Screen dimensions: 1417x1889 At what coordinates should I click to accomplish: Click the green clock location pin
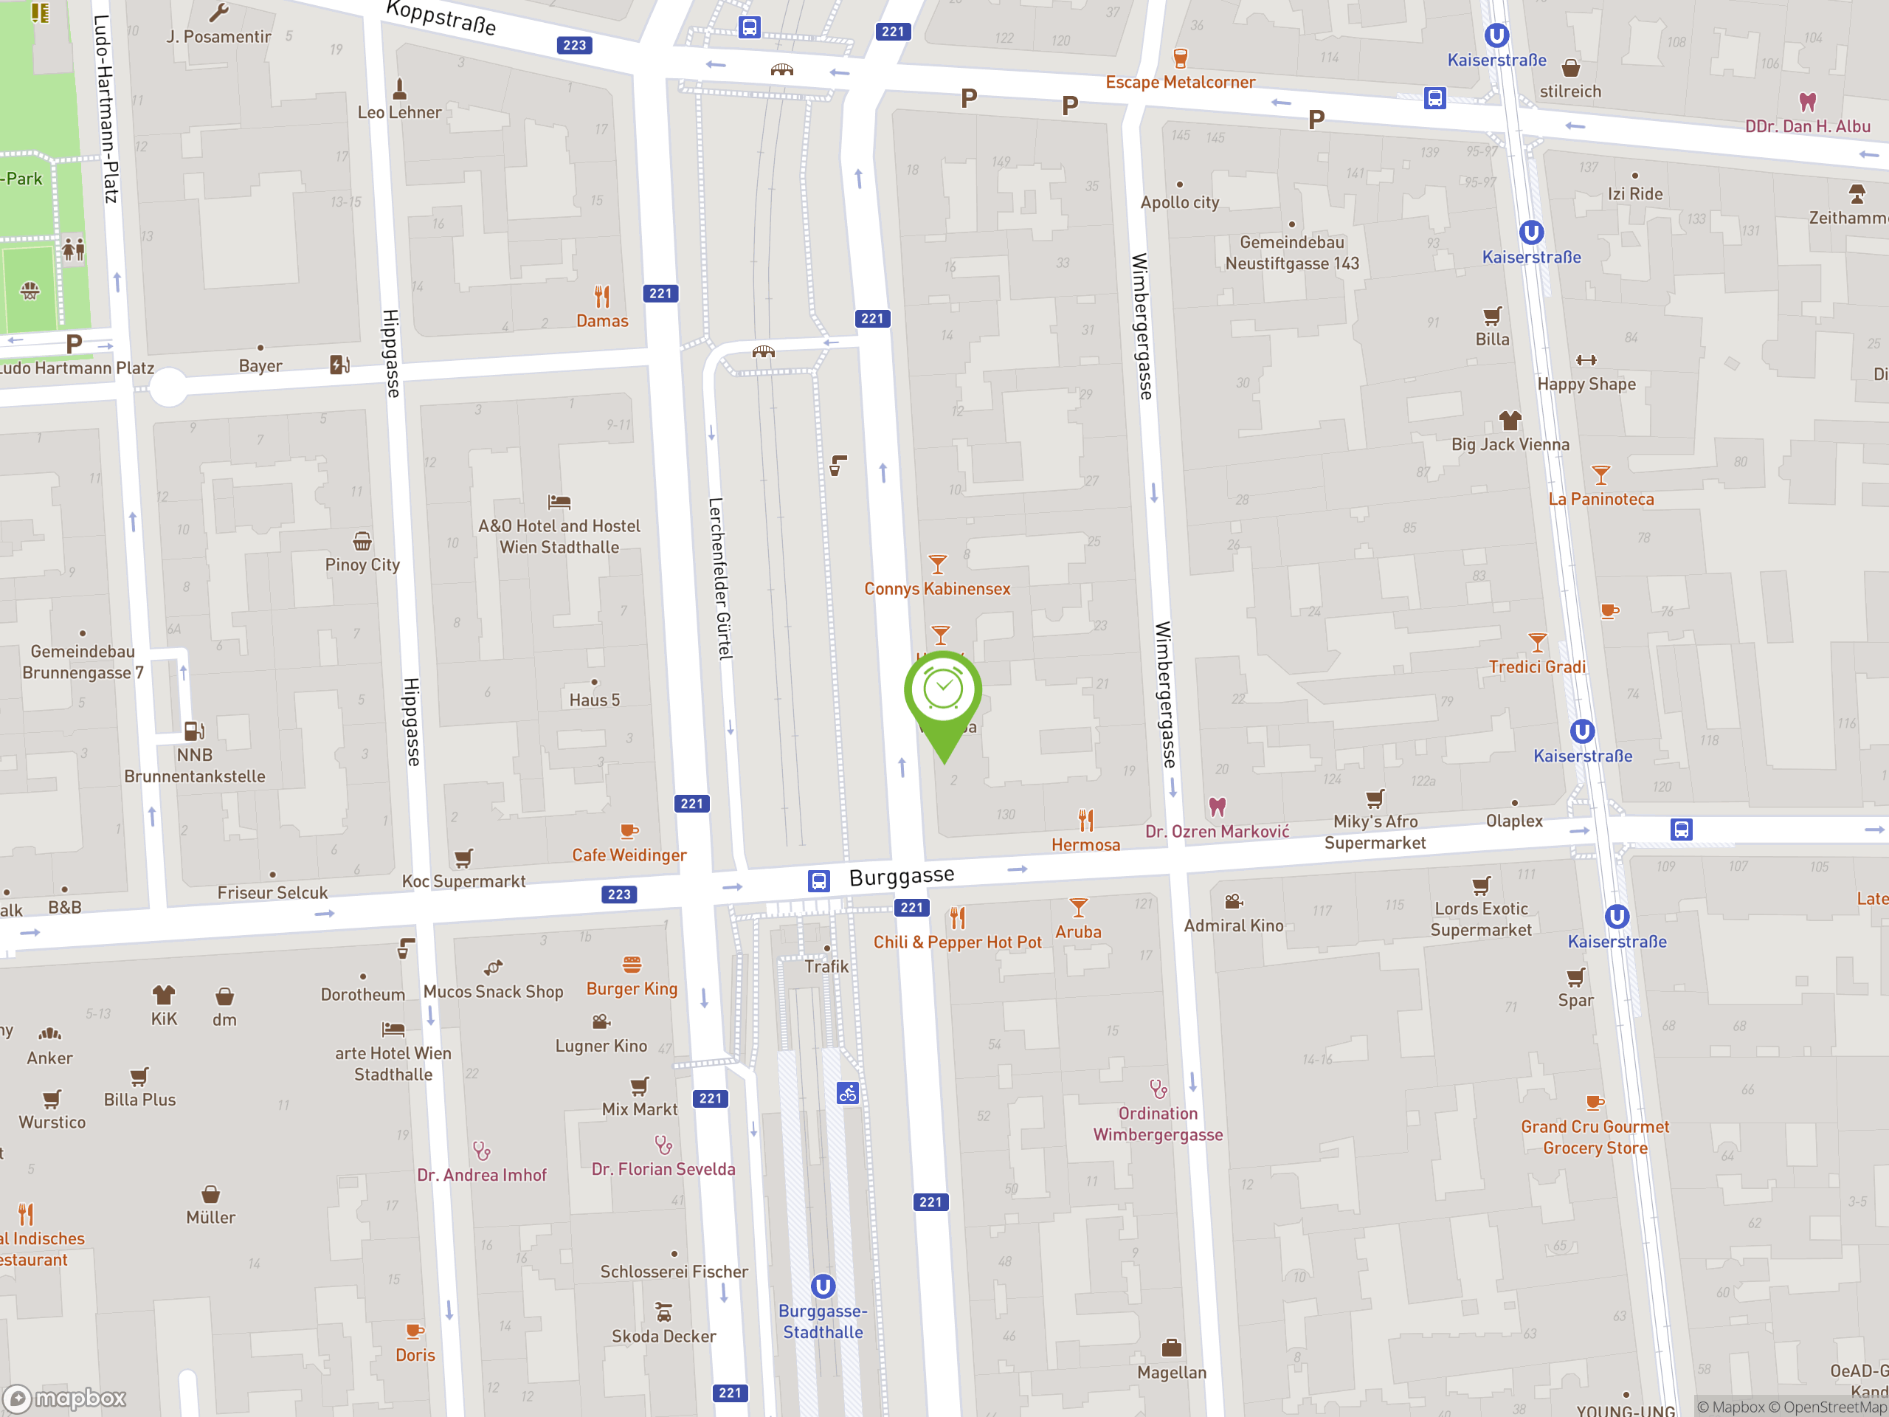(x=943, y=694)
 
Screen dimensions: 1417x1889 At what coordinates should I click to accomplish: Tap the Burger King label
(x=631, y=988)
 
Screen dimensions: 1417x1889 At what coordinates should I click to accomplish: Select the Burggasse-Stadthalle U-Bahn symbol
(x=823, y=1286)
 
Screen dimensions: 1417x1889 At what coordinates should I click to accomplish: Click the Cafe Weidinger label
(x=629, y=855)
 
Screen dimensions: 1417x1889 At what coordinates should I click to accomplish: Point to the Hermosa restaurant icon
(x=1085, y=821)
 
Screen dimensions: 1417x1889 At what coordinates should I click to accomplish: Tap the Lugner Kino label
(x=601, y=1046)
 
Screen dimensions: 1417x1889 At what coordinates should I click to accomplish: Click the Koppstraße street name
(x=441, y=17)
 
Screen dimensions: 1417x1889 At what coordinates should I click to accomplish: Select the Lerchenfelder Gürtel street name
(x=720, y=579)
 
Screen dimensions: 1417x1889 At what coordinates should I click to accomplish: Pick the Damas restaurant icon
(x=602, y=297)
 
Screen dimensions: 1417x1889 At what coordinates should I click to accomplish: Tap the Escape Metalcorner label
(x=1179, y=82)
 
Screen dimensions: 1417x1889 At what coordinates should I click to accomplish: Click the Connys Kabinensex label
(x=937, y=588)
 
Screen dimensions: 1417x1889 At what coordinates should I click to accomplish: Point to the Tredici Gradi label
(x=1536, y=666)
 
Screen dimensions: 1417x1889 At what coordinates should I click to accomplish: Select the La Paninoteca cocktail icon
(x=1600, y=475)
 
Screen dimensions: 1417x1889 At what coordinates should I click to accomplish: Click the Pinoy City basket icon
(x=362, y=542)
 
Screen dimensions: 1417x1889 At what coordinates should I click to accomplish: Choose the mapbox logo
(x=65, y=1399)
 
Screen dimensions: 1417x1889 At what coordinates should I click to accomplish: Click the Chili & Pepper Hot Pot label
(x=956, y=942)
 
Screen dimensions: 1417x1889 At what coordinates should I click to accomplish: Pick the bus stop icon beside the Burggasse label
(x=818, y=880)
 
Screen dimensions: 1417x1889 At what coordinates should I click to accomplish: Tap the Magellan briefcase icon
(x=1172, y=1348)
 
